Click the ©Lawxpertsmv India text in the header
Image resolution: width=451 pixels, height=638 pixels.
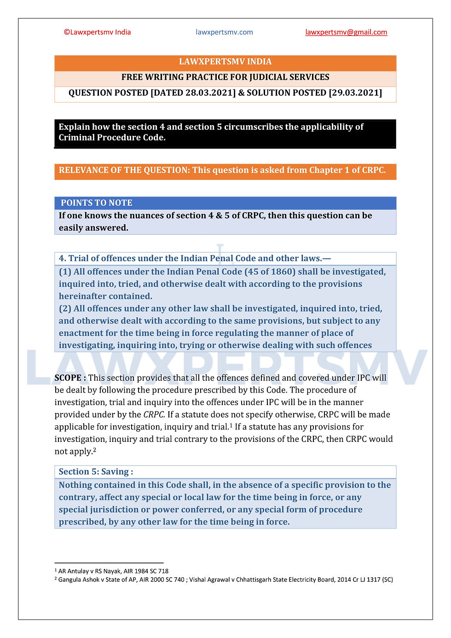[97, 32]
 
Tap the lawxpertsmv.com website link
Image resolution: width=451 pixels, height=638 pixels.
[224, 32]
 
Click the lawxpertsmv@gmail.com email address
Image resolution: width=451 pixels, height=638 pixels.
[346, 32]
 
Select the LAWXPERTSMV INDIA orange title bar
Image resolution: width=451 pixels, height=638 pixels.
[225, 62]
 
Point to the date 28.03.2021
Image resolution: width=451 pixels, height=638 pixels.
[210, 93]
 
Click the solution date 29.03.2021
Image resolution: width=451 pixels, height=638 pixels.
[355, 93]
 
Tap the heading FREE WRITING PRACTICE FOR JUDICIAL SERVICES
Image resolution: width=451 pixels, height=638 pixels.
[225, 77]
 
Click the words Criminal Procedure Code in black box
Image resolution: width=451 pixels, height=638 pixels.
[111, 138]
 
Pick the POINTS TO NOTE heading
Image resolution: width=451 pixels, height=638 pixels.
[97, 203]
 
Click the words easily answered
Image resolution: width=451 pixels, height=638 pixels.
[93, 228]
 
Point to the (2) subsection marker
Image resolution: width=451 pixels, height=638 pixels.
[65, 308]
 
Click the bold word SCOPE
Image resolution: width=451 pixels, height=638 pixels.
[68, 378]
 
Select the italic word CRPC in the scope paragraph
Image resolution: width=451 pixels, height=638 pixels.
[154, 415]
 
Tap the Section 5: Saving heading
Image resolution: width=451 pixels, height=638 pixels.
[96, 472]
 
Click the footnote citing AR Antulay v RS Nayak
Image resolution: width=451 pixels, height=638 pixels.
[113, 571]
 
